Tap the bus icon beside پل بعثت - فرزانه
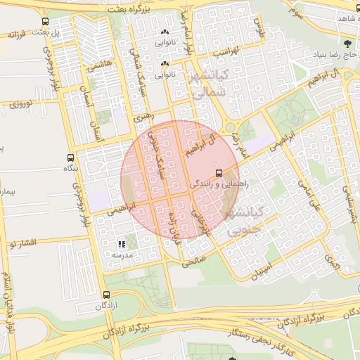46,21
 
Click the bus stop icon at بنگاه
70,157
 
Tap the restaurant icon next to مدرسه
122,243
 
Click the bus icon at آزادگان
105,295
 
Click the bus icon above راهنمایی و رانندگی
219,172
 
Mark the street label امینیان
262,267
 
